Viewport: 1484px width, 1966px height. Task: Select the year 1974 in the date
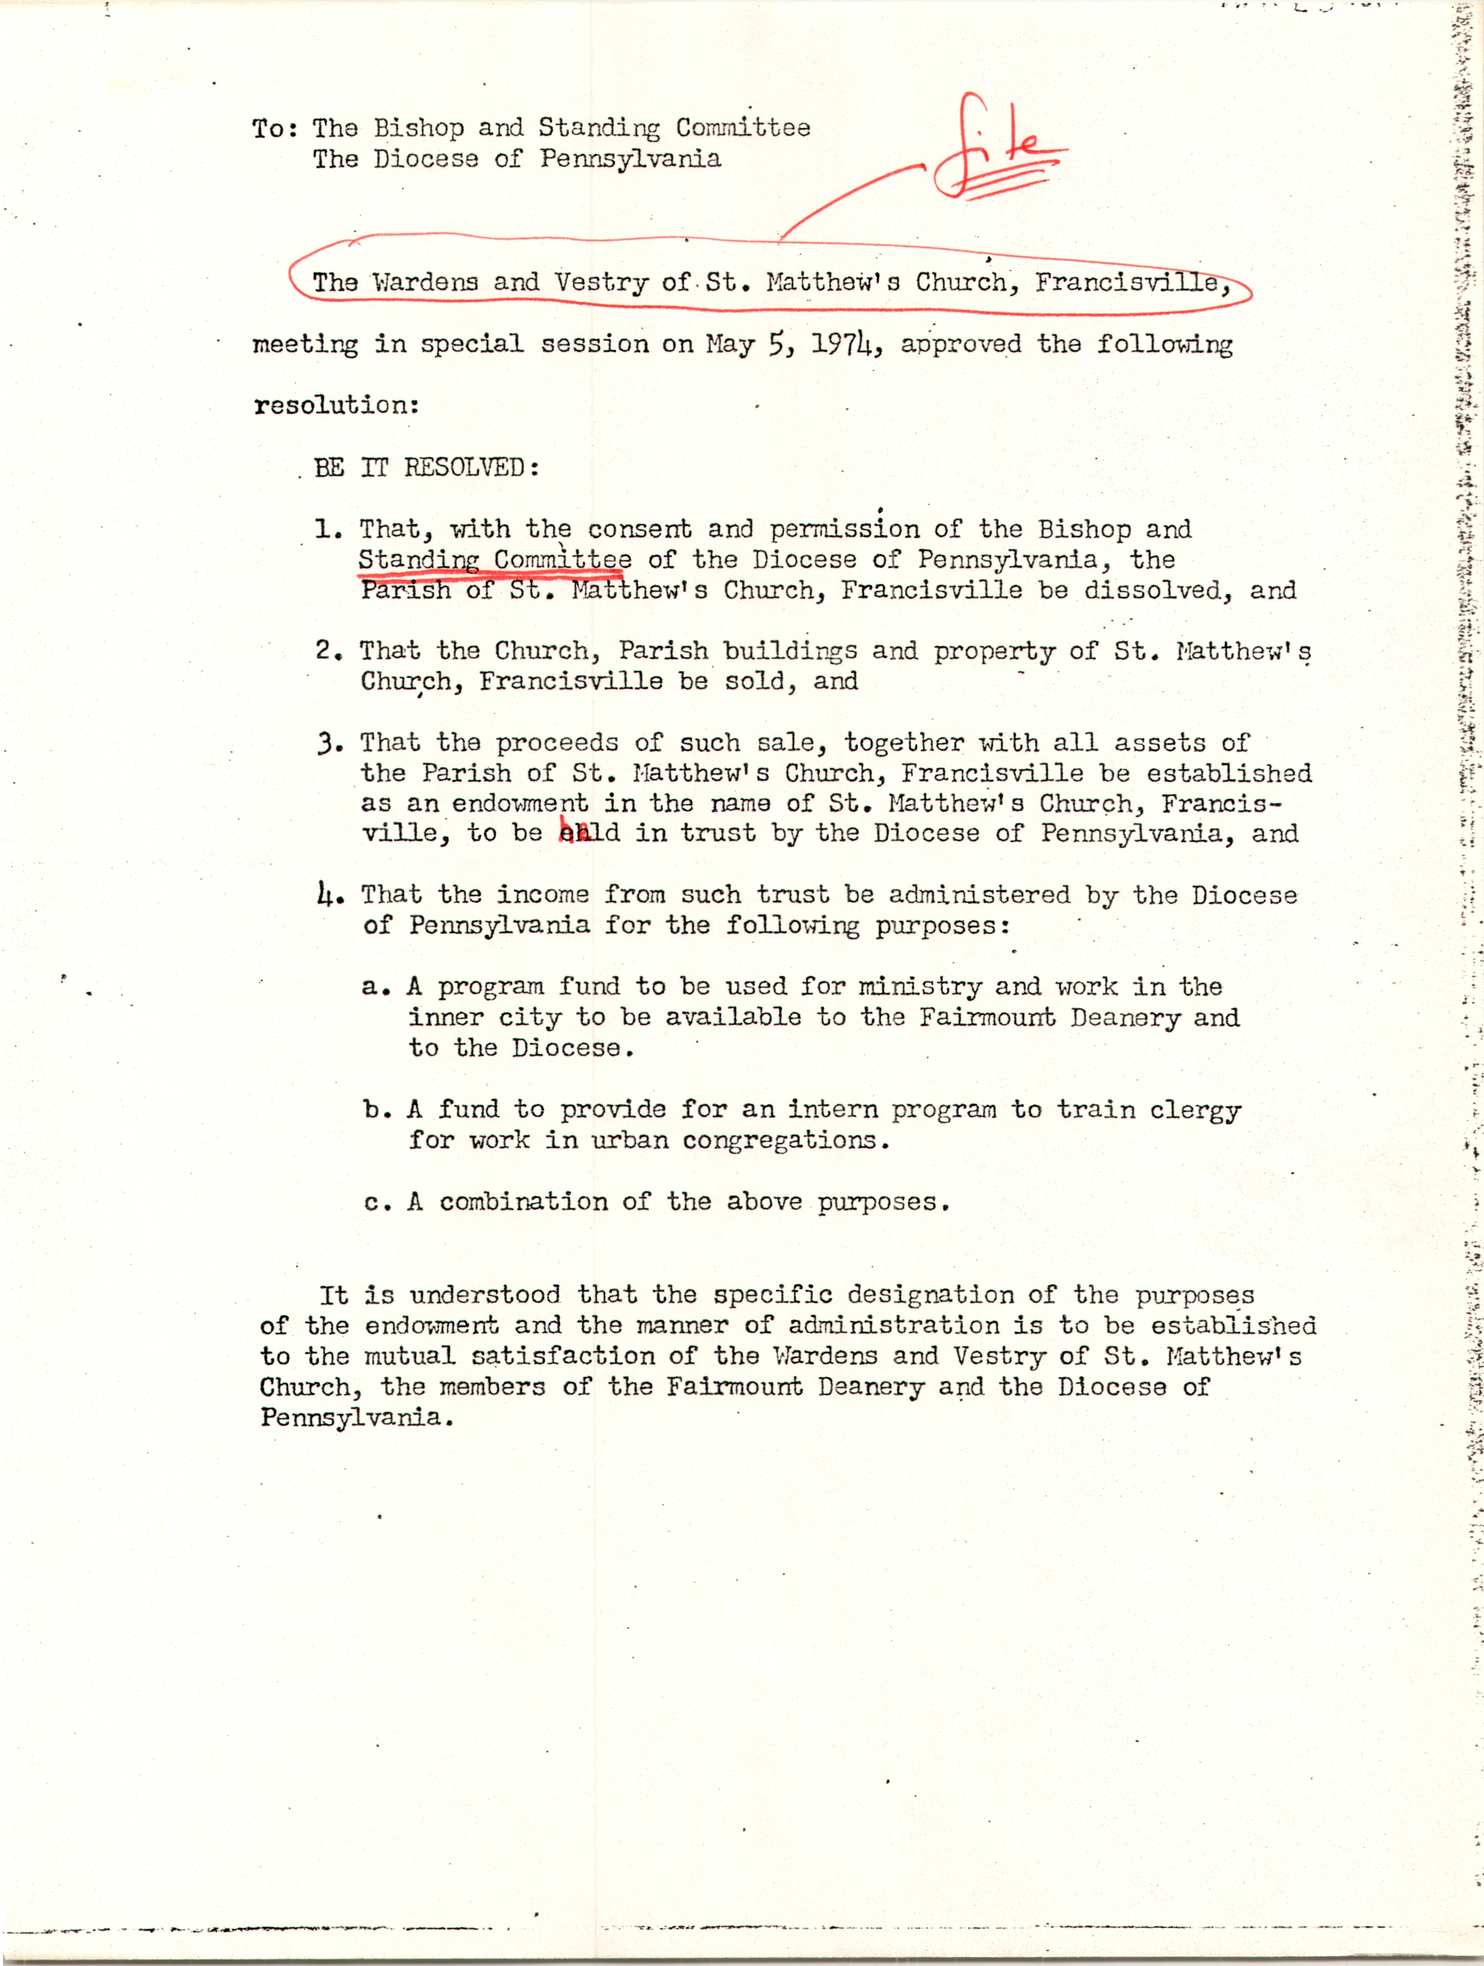coord(844,345)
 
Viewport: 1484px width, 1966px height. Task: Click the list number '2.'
coord(329,650)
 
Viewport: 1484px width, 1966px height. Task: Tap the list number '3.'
coord(329,743)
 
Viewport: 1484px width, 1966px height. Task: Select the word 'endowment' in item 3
coord(520,804)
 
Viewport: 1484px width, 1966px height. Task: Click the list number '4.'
coord(329,895)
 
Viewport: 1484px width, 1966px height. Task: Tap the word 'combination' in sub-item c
coord(523,1202)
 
